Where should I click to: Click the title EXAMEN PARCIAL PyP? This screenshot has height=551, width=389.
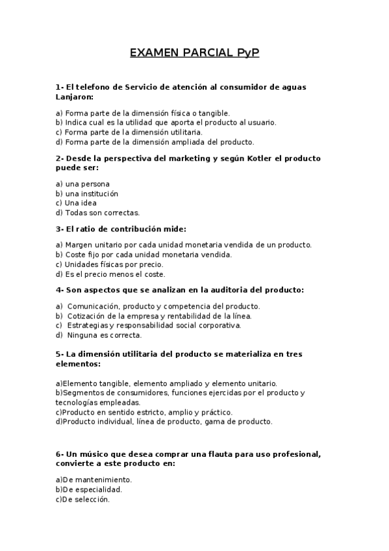[194, 53]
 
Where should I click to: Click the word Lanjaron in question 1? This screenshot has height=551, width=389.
[73, 97]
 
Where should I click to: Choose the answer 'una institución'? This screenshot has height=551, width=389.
[92, 194]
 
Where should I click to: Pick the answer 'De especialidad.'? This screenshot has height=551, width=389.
[92, 490]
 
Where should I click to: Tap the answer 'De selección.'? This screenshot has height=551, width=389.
[86, 500]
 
